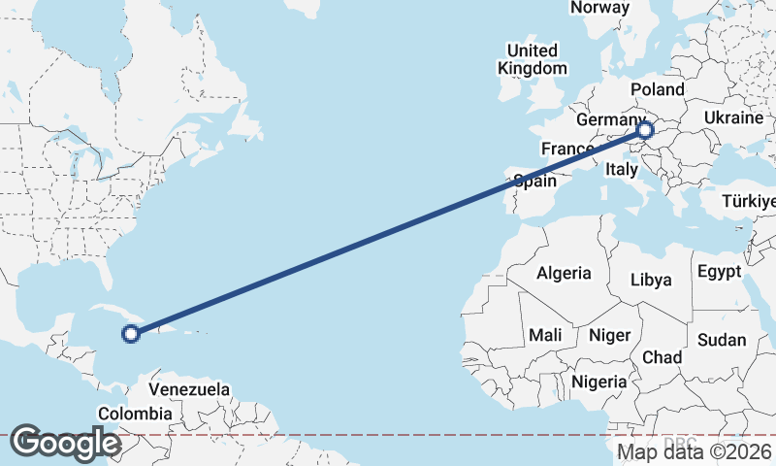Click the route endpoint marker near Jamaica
click(131, 334)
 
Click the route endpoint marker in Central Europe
click(646, 130)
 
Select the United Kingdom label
click(533, 59)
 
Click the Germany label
click(604, 119)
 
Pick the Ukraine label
click(733, 117)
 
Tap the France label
click(567, 149)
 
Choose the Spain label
click(534, 181)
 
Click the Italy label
click(621, 169)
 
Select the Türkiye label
click(749, 202)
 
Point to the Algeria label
click(564, 272)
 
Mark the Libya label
click(651, 280)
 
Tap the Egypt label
click(719, 271)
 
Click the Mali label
click(545, 335)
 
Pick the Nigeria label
click(599, 382)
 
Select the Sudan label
click(722, 340)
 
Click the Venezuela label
click(189, 389)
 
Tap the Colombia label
click(135, 414)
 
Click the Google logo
click(65, 443)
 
